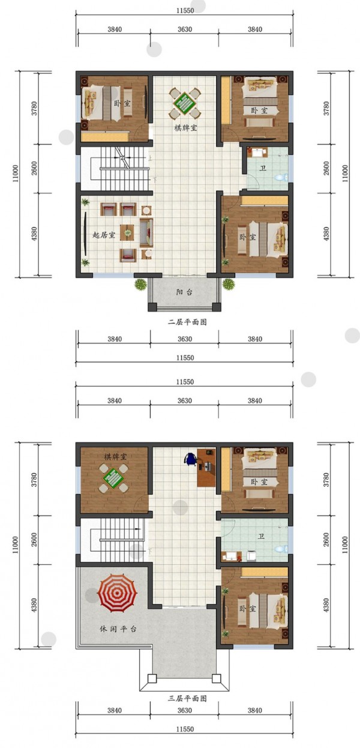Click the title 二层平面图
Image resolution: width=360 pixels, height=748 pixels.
[x=187, y=322]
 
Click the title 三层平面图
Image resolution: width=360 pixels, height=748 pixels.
[x=187, y=699]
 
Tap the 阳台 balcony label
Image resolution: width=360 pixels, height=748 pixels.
[x=184, y=293]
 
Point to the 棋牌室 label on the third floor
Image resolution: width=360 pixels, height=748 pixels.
[x=115, y=457]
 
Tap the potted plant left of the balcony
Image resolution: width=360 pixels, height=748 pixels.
[x=141, y=285]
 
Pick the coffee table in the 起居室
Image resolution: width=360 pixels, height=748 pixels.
[x=127, y=232]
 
